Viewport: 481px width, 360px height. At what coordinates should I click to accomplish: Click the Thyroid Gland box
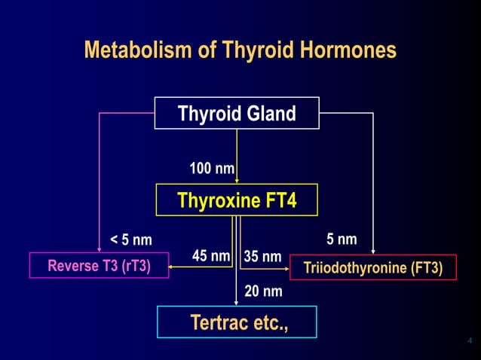point(237,114)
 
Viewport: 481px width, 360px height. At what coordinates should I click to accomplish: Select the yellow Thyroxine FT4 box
point(237,200)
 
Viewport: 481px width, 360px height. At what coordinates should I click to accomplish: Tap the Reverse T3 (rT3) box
point(99,266)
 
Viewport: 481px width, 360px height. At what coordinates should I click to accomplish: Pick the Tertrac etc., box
point(237,322)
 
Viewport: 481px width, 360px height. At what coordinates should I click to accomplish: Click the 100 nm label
point(211,168)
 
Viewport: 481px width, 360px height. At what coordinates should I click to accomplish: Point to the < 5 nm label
point(131,241)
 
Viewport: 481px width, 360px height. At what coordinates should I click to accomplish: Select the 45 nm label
point(210,256)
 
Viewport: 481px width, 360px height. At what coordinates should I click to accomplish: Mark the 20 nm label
point(263,291)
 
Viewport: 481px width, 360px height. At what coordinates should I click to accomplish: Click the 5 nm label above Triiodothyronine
point(342,239)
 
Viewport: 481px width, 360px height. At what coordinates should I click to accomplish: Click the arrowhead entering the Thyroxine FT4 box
point(237,180)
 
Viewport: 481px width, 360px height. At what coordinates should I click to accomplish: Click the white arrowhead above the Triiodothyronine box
point(373,252)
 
